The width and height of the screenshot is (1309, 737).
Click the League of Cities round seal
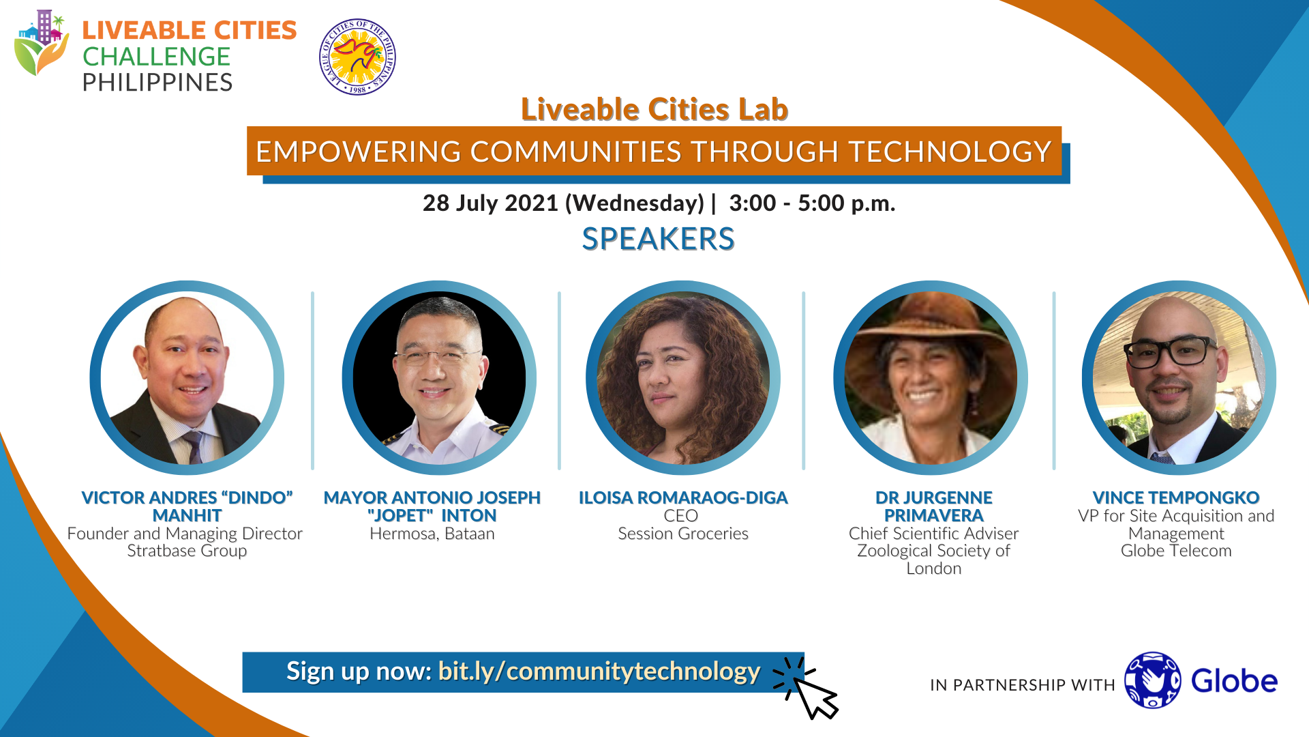[357, 57]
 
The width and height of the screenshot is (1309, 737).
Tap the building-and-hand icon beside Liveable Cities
[42, 42]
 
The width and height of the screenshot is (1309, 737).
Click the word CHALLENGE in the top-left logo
[156, 57]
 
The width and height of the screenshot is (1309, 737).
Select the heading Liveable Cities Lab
[654, 109]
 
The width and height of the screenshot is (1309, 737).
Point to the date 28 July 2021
[490, 203]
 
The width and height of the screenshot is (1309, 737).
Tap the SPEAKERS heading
[658, 239]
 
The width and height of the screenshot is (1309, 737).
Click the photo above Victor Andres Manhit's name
[187, 378]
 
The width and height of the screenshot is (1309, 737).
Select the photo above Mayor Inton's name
[439, 378]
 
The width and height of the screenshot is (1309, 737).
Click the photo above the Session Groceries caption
[683, 378]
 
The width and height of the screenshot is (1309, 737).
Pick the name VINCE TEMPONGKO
[1176, 498]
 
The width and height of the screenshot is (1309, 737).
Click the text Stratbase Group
[187, 551]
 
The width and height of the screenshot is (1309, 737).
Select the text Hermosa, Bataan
[432, 534]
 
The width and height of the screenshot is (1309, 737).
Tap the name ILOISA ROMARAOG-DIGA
[683, 498]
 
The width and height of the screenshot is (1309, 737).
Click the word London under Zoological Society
[934, 568]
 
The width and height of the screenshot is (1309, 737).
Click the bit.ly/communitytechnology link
[599, 671]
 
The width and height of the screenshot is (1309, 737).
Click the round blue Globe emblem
[1152, 680]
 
